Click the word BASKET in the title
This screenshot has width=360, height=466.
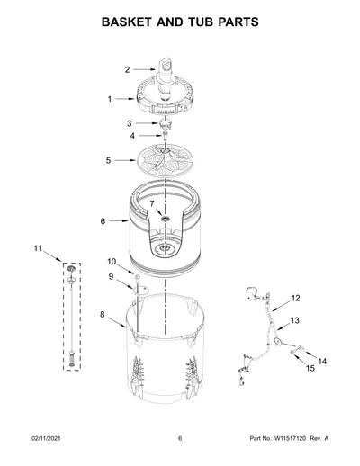(126, 22)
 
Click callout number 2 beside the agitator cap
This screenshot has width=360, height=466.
(127, 70)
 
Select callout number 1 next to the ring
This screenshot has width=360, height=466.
(110, 99)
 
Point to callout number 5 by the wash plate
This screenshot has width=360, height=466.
(108, 160)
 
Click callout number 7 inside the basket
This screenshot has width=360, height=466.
(152, 203)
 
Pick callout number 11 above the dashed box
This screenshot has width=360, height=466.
(38, 248)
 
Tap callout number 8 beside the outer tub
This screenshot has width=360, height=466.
(103, 315)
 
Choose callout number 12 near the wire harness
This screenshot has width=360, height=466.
(295, 298)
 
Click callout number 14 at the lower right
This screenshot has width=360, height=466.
(322, 362)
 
